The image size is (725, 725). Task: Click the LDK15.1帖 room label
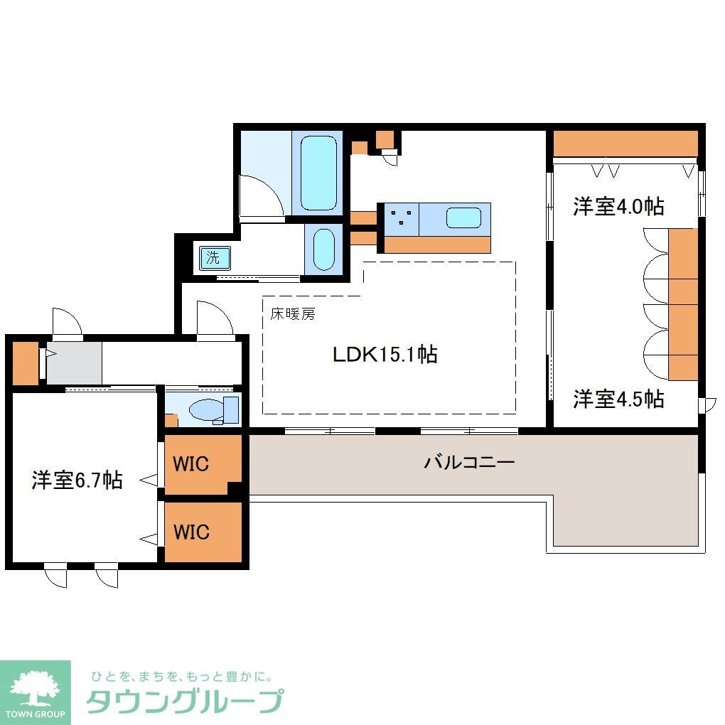pyautogui.click(x=385, y=354)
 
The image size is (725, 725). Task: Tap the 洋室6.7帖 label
pyautogui.click(x=77, y=480)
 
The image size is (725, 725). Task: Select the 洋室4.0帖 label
pyautogui.click(x=618, y=206)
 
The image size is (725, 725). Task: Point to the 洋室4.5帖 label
pyautogui.click(x=618, y=399)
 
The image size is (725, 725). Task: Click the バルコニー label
pyautogui.click(x=469, y=462)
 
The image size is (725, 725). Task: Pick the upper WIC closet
pyautogui.click(x=192, y=464)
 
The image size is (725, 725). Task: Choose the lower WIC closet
pyautogui.click(x=192, y=532)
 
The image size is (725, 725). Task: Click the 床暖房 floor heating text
pyautogui.click(x=291, y=314)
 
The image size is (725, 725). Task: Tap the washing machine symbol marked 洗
pyautogui.click(x=213, y=257)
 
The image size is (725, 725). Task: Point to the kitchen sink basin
pyautogui.click(x=463, y=217)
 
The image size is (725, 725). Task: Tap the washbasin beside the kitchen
pyautogui.click(x=324, y=249)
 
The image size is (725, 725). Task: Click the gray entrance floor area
pyautogui.click(x=74, y=362)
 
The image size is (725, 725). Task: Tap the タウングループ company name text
pyautogui.click(x=185, y=701)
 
